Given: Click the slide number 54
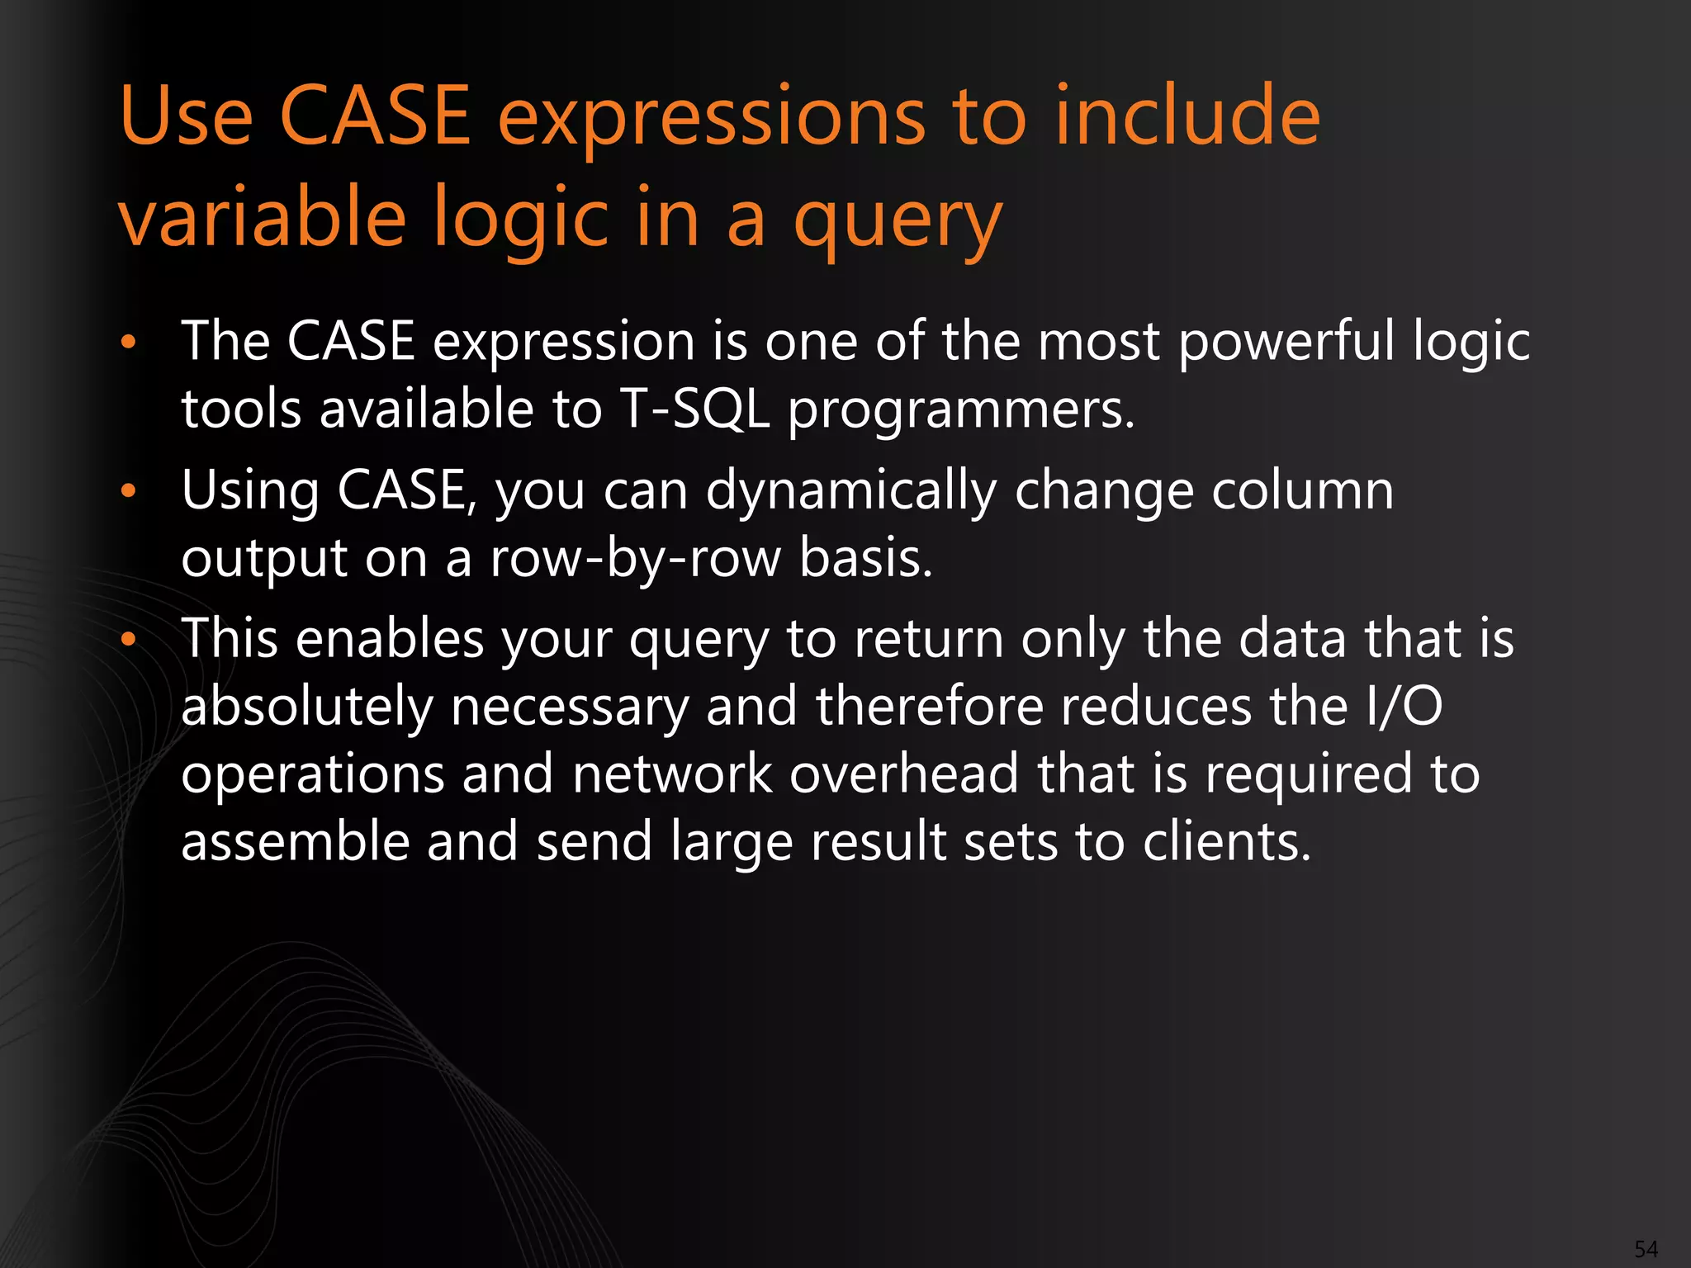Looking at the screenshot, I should click(1646, 1249).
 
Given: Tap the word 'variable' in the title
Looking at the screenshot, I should click(263, 217).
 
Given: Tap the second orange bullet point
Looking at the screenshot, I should click(127, 491).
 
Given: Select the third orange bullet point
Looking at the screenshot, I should click(127, 640).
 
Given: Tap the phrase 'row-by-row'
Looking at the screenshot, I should click(635, 560).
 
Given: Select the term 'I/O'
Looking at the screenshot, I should click(1403, 707).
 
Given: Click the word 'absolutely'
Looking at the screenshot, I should click(306, 708).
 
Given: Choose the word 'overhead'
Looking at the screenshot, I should click(903, 774).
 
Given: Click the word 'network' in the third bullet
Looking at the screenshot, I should click(672, 774).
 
